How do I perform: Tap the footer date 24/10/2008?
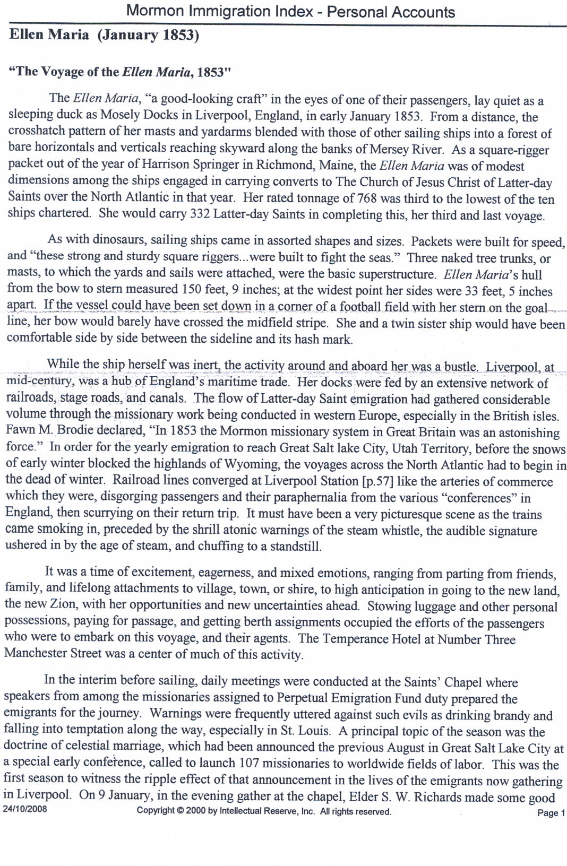pyautogui.click(x=24, y=810)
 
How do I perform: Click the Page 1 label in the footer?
pyautogui.click(x=551, y=812)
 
